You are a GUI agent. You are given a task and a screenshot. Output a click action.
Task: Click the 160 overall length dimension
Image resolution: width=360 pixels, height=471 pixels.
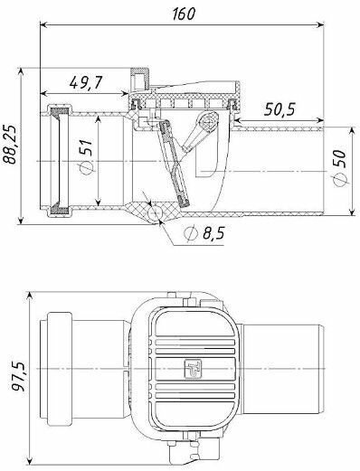(184, 14)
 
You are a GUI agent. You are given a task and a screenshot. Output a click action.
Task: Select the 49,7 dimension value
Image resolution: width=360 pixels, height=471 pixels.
(86, 82)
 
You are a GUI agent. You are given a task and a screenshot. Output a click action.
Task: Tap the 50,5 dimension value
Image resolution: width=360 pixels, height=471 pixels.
(279, 109)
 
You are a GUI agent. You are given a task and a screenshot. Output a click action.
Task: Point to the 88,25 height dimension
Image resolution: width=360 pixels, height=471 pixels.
(11, 144)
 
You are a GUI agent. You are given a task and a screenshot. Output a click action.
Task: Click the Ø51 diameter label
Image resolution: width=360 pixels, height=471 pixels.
(86, 156)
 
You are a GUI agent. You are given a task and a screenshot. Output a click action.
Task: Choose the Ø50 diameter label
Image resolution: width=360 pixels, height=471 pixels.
(340, 168)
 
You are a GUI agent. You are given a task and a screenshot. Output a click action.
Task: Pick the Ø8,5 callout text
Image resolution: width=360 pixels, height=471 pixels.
(204, 232)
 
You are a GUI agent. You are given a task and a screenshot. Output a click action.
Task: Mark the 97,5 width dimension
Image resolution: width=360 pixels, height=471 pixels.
(19, 377)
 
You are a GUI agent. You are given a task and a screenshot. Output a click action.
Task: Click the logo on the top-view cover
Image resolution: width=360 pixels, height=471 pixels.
(193, 368)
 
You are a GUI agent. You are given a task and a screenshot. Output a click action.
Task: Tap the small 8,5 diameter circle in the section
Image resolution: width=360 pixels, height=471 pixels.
(155, 212)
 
